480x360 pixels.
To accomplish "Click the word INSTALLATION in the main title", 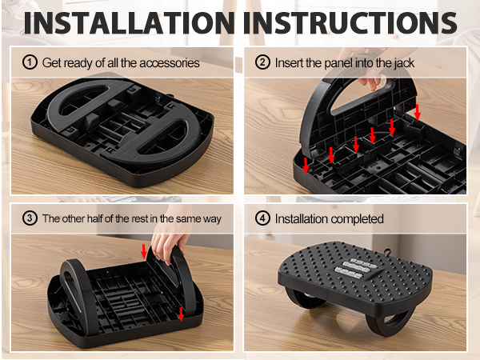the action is coord(129,23).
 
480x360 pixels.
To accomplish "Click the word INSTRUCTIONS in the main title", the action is coord(350,23).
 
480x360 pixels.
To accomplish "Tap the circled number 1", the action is coord(30,62).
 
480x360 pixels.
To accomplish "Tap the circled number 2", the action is coord(262,62).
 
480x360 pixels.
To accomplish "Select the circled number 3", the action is coord(30,218).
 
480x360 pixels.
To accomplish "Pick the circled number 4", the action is coord(262,218).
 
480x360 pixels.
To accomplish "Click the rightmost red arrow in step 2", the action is coord(418,112).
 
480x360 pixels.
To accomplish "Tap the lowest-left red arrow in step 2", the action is coord(306,166).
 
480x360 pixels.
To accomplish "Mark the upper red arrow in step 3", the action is coord(144,252).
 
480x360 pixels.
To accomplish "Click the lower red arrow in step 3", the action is coord(182,314).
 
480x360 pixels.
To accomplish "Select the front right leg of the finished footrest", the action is coord(389,325).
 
